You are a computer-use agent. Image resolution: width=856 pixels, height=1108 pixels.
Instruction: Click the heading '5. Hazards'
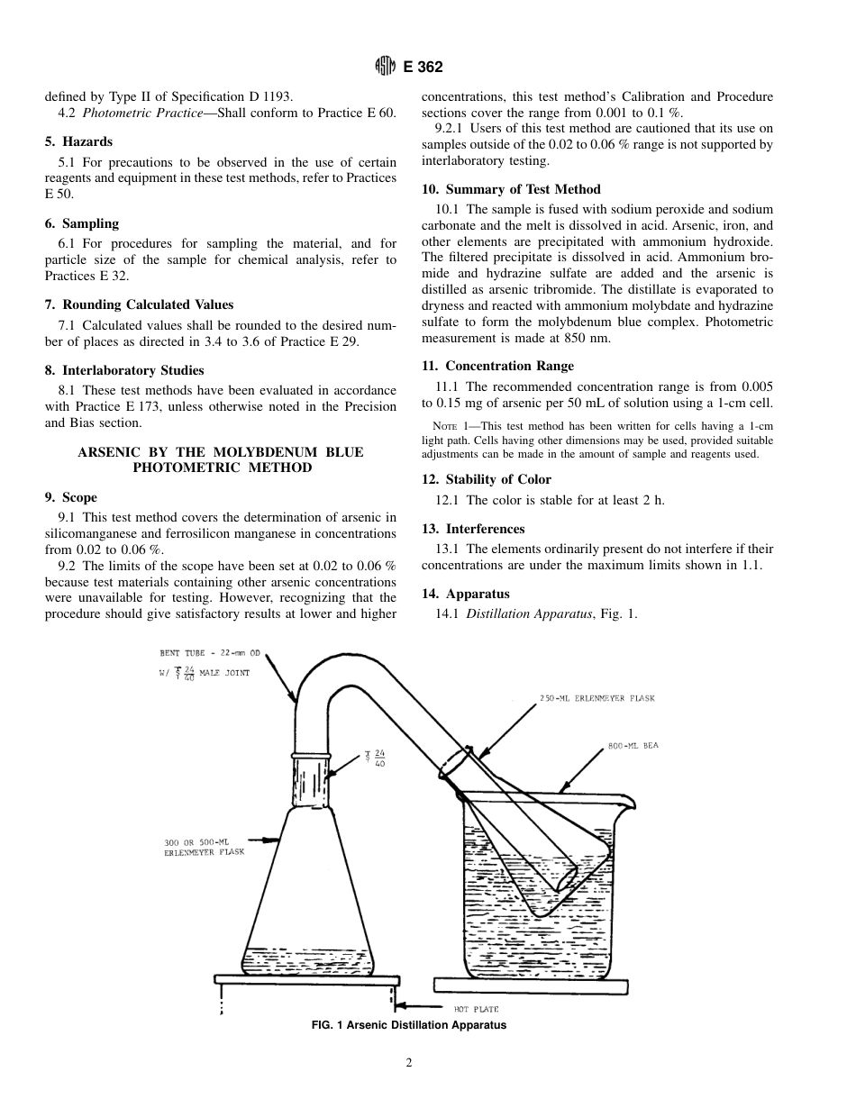(78, 142)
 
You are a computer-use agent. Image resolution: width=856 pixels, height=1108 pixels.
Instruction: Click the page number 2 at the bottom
(409, 1063)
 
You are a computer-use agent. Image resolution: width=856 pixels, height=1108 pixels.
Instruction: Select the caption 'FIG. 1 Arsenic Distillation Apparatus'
(408, 1025)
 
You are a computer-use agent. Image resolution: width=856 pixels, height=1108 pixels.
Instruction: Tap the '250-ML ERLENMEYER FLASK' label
(596, 698)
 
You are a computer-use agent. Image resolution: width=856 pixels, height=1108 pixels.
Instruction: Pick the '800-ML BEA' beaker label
(633, 746)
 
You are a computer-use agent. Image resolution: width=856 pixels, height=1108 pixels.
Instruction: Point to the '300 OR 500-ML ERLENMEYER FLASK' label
(190, 846)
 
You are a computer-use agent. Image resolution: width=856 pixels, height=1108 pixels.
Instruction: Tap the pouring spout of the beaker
(628, 801)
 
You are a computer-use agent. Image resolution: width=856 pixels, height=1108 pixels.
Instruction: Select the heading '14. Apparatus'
(465, 595)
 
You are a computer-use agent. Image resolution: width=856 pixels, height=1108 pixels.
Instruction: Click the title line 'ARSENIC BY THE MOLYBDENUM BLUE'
(221, 452)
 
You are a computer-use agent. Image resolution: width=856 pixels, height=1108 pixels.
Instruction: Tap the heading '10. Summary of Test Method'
(511, 190)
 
